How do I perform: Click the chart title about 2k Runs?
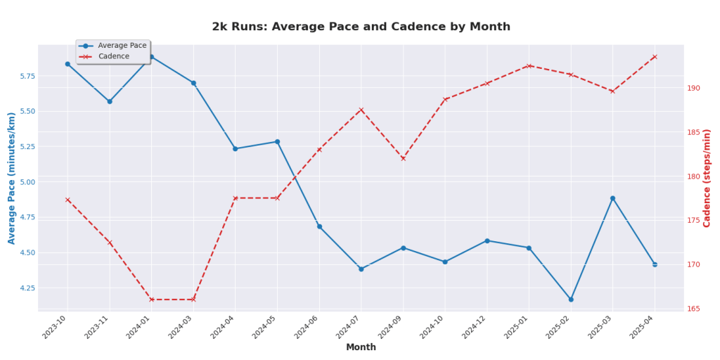tap(361, 27)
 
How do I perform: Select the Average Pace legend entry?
tap(122, 46)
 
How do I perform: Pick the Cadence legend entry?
tap(113, 56)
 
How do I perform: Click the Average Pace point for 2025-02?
tap(571, 300)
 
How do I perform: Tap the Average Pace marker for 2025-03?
tap(612, 198)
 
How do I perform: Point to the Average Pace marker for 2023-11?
tap(110, 101)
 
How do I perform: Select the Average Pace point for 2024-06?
tap(319, 226)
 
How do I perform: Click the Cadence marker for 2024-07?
tap(361, 110)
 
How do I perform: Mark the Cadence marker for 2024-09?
tap(403, 158)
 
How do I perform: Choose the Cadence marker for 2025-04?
tap(655, 57)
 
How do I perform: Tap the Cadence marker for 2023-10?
tap(67, 200)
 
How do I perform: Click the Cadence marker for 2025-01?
tap(529, 66)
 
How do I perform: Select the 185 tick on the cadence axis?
tap(694, 133)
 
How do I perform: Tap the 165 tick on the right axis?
tap(694, 309)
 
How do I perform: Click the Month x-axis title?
tap(361, 347)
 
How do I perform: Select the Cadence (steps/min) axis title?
tap(707, 178)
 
